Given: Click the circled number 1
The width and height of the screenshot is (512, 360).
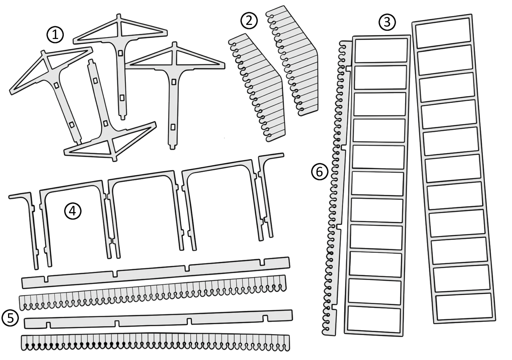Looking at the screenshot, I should coord(55,35).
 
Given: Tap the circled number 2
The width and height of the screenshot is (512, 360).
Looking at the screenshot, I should coord(249,20).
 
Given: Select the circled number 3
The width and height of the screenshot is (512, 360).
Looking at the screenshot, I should coord(387,22).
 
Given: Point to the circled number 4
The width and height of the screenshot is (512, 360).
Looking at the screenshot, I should coord(73,211).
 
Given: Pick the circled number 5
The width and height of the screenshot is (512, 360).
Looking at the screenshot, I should coord(10,318).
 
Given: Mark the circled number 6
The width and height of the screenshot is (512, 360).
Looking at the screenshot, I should coord(320,172).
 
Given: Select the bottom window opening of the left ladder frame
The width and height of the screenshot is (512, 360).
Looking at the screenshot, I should coord(374,319).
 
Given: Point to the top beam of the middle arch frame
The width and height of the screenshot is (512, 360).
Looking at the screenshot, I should coord(143,175).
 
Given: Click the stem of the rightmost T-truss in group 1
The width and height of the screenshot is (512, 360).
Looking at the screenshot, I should coord(172,108).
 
